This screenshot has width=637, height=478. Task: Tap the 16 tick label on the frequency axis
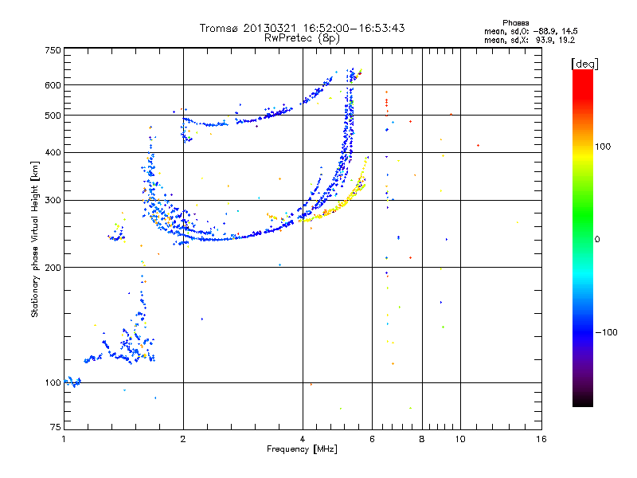click(540, 439)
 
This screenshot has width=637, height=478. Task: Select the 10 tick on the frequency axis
click(459, 439)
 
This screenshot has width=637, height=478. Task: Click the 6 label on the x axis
click(372, 439)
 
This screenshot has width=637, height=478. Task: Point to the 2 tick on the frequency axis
click(183, 439)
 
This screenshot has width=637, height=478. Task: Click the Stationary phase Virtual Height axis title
click(35, 239)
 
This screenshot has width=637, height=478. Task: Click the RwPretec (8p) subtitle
click(302, 37)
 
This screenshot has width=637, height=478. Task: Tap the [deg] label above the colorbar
click(585, 63)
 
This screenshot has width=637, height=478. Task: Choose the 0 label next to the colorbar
click(598, 239)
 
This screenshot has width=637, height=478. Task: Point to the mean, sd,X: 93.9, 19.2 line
click(518, 39)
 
